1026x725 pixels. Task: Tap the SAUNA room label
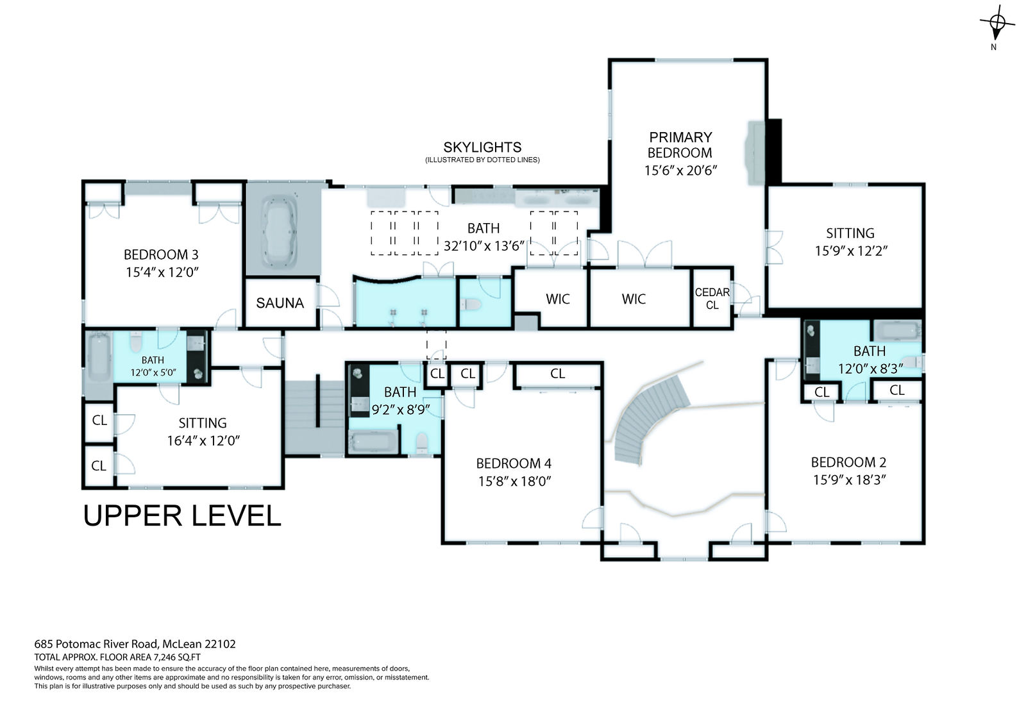tap(280, 303)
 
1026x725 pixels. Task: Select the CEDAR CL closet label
tap(712, 299)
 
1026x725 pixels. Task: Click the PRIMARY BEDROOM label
tap(680, 145)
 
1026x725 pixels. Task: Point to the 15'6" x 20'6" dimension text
tap(680, 171)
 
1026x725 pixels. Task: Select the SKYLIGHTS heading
tap(482, 147)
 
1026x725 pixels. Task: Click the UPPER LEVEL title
tap(182, 515)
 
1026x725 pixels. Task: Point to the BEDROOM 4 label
tap(514, 463)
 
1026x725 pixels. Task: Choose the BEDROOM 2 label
tap(849, 463)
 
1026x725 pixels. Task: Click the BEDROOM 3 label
tap(161, 254)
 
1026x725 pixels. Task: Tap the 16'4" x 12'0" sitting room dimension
tap(203, 440)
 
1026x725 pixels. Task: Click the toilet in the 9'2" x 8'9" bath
tap(422, 444)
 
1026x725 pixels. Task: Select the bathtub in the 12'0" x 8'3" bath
tap(897, 330)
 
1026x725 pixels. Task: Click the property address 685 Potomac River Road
tap(96, 644)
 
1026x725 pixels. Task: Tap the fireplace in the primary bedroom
tap(756, 153)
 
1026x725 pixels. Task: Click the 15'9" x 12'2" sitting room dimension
tap(851, 251)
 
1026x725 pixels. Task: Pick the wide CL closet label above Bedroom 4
tap(557, 374)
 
